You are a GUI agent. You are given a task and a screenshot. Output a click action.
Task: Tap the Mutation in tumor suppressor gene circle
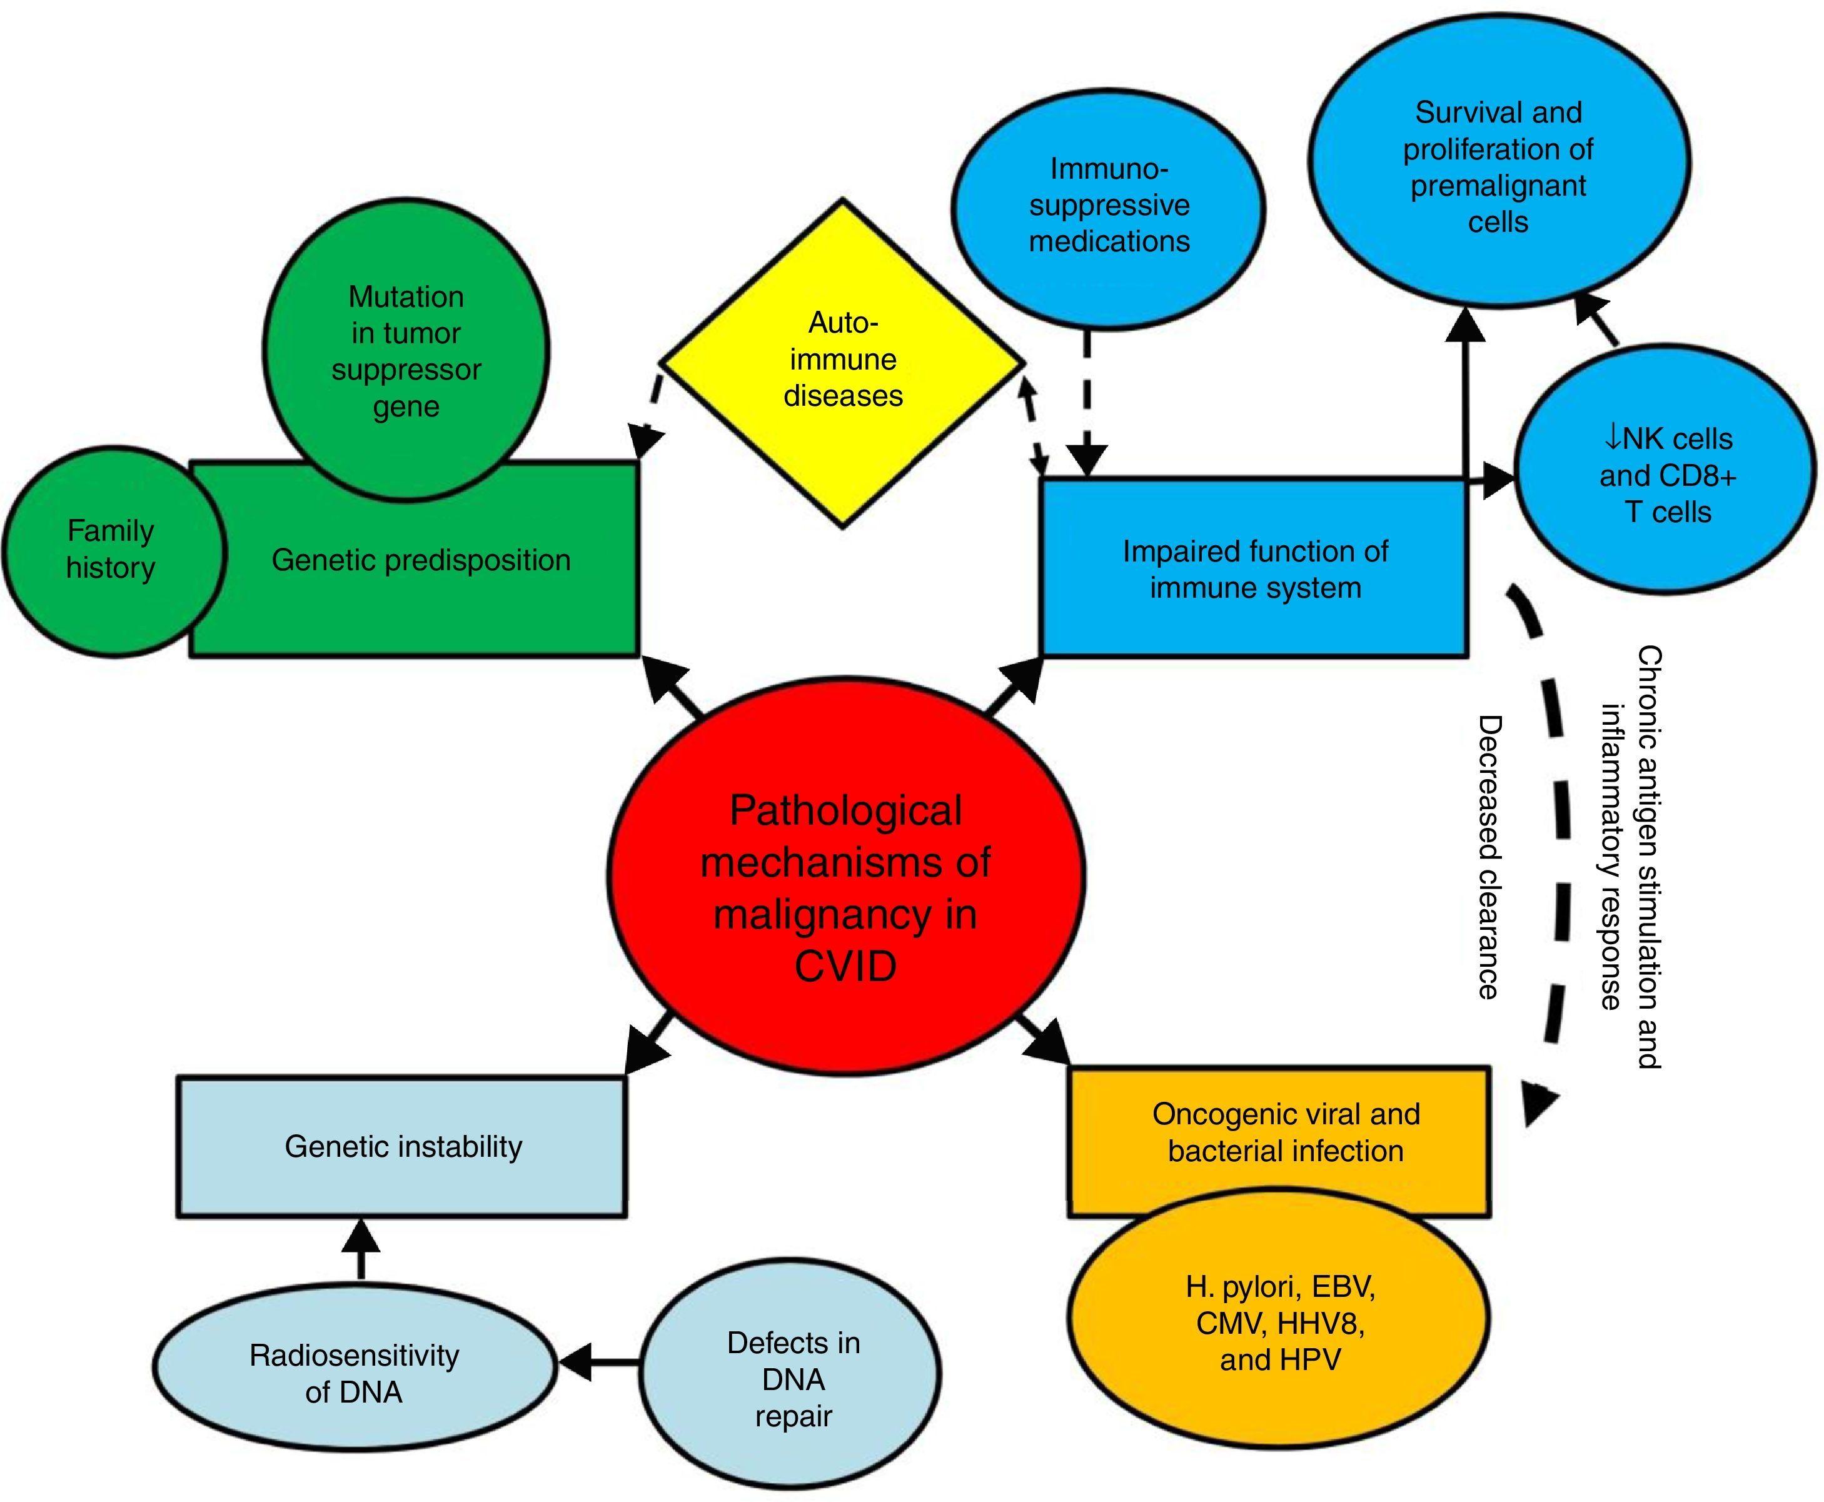[x=406, y=350]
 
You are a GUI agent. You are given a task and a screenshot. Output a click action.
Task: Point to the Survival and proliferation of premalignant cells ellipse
[x=1498, y=167]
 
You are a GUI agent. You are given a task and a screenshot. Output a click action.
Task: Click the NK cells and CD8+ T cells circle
[x=1666, y=476]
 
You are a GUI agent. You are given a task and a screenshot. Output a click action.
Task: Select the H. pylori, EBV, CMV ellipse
[x=1280, y=1323]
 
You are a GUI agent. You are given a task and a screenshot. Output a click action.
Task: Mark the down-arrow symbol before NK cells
[x=1612, y=440]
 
